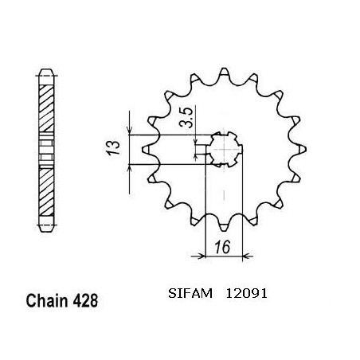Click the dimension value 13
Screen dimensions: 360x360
(112, 147)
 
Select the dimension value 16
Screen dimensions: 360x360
(222, 247)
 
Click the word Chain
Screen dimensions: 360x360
(47, 300)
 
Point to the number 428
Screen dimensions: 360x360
(85, 300)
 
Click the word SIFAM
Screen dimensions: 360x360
(190, 293)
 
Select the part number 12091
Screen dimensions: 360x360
(246, 293)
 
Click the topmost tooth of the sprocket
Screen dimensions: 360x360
(224, 72)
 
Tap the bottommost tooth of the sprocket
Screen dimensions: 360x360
(224, 226)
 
